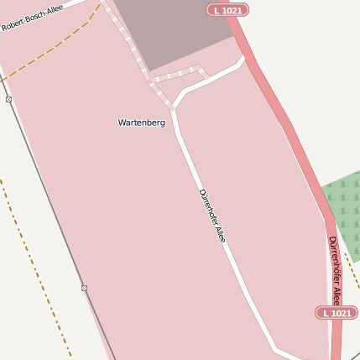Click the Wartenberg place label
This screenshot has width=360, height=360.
coord(142,123)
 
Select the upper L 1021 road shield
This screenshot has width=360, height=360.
coord(227,10)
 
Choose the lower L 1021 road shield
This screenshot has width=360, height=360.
coord(337,313)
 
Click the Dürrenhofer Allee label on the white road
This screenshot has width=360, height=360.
coord(212,217)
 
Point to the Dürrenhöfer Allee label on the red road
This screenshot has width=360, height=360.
coord(335,270)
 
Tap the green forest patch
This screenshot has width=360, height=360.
coord(344,214)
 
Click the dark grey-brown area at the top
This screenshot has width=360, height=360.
coord(172,29)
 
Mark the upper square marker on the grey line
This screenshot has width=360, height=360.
coord(8,99)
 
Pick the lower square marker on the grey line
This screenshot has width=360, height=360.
coord(84,288)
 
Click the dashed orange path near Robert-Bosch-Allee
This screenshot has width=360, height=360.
coord(50,55)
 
